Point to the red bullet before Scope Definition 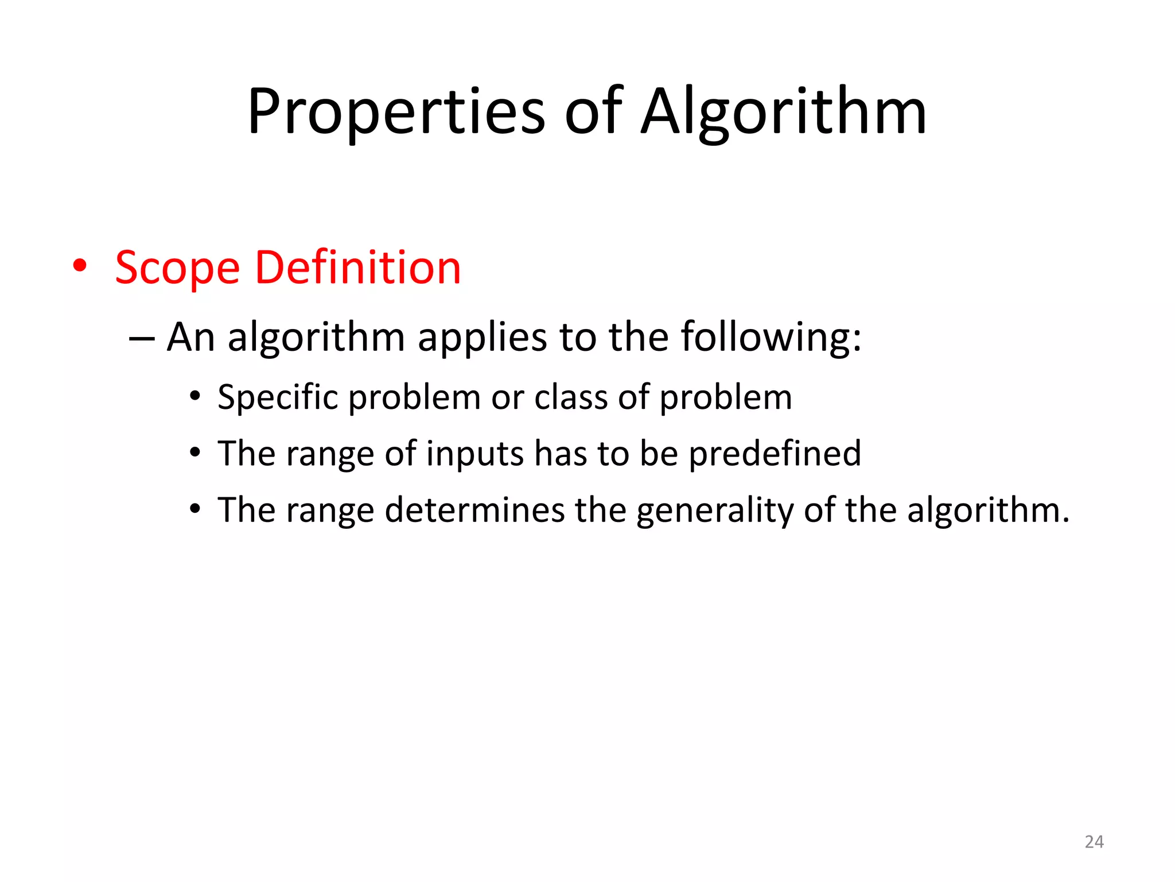pos(80,266)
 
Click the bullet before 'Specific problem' pos(195,396)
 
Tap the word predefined pos(775,454)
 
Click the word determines pos(474,510)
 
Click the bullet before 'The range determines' pos(195,509)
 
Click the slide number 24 pos(1094,842)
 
